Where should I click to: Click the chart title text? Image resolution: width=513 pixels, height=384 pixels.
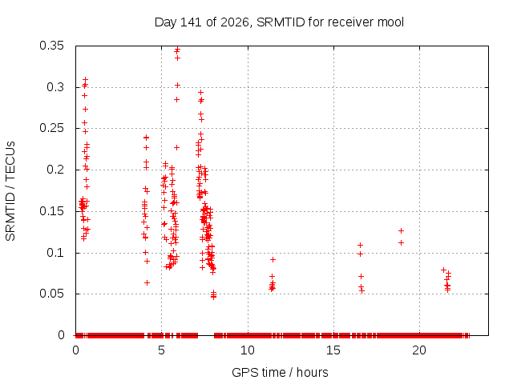pyautogui.click(x=279, y=22)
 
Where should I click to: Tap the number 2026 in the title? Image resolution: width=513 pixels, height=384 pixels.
pyautogui.click(x=235, y=22)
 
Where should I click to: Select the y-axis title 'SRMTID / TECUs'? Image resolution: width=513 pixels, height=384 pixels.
pyautogui.click(x=10, y=191)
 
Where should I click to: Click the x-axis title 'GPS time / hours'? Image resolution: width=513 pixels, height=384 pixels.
pyautogui.click(x=280, y=372)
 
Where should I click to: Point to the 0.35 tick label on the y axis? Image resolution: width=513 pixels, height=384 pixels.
pyautogui.click(x=51, y=46)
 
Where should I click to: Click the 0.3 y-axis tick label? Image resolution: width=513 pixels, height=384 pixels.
pyautogui.click(x=55, y=87)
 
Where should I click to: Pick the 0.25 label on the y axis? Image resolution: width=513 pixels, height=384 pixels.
pyautogui.click(x=51, y=128)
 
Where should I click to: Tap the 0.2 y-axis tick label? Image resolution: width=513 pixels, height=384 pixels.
pyautogui.click(x=55, y=170)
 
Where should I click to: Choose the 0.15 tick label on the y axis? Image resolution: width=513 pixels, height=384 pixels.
pyautogui.click(x=51, y=211)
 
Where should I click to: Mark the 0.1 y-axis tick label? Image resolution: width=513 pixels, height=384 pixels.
pyautogui.click(x=55, y=253)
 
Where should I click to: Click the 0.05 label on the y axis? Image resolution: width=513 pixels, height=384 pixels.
pyautogui.click(x=51, y=294)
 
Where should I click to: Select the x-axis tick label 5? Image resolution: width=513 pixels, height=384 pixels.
pyautogui.click(x=161, y=350)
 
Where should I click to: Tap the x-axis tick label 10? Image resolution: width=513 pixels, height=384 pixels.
pyautogui.click(x=248, y=350)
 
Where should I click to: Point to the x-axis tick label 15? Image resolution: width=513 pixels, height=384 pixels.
pyautogui.click(x=333, y=350)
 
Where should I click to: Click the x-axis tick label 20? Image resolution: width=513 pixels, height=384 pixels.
pyautogui.click(x=419, y=350)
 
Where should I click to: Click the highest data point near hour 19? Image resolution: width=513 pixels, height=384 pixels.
pyautogui.click(x=401, y=231)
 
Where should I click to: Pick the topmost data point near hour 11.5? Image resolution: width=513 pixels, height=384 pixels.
pyautogui.click(x=273, y=259)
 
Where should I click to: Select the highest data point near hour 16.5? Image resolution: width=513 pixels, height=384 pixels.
pyautogui.click(x=360, y=245)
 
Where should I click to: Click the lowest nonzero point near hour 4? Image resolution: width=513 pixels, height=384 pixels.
pyautogui.click(x=147, y=282)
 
